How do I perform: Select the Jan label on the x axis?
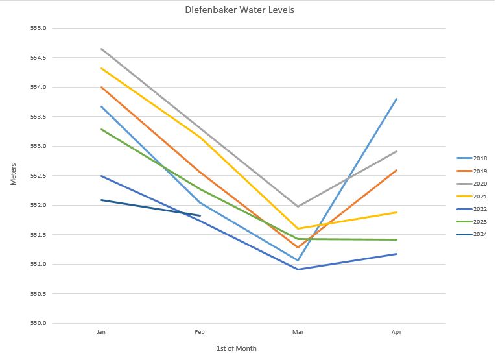tap(100, 332)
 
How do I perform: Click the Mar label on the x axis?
tap(298, 332)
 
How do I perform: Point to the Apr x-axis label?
tap(396, 332)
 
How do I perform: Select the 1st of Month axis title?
tap(237, 348)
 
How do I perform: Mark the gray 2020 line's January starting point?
tap(101, 49)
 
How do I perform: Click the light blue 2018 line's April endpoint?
tap(396, 99)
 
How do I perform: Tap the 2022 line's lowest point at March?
tap(298, 269)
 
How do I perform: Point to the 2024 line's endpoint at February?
tap(200, 215)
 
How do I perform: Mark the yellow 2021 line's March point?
tap(298, 228)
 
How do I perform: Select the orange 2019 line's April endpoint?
tap(396, 170)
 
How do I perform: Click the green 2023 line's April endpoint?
tap(396, 239)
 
